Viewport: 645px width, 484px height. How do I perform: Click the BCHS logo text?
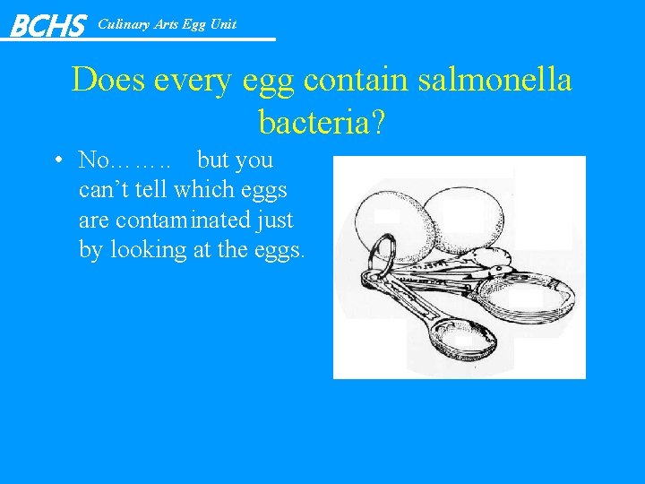47,25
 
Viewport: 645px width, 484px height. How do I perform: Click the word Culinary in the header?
124,24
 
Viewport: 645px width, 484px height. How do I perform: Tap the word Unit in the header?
223,24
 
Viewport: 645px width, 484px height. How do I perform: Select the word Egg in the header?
193,24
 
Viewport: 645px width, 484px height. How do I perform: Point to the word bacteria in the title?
313,121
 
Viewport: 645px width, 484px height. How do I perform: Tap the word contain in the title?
348,81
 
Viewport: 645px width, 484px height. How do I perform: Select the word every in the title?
194,81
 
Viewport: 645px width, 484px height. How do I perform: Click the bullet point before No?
56,161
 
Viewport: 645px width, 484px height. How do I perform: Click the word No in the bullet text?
93,161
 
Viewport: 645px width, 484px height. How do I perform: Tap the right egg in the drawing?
462,220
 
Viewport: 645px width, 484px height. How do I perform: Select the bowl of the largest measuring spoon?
526,296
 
